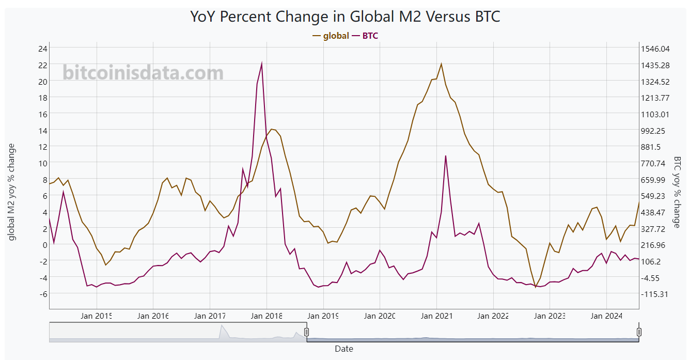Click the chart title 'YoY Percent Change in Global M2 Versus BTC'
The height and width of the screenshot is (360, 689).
click(345, 17)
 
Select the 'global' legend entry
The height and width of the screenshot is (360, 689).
click(336, 36)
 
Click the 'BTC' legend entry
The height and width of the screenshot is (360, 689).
click(370, 36)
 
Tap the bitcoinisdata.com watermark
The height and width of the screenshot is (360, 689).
click(143, 73)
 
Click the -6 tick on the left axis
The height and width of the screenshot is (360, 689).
click(43, 294)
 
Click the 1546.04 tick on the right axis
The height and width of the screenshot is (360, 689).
click(655, 49)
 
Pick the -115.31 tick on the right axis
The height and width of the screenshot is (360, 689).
click(655, 294)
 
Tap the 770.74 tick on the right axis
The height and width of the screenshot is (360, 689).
click(655, 163)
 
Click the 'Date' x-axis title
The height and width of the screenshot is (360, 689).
click(344, 349)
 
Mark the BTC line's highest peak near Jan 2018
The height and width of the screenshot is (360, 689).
click(262, 64)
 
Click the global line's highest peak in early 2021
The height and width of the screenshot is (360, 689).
click(441, 64)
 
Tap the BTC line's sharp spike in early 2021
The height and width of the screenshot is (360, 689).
click(445, 155)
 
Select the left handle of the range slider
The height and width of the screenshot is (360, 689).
click(306, 332)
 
